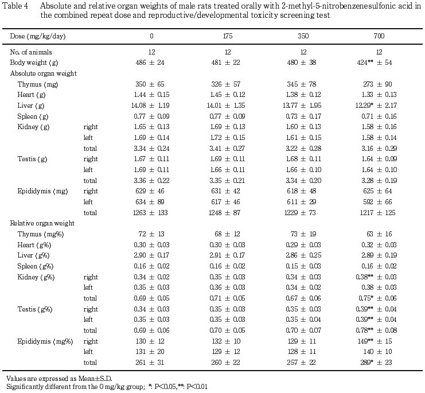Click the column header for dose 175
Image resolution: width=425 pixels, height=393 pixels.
coord(227,36)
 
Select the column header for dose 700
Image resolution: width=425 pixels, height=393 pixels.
coord(379,36)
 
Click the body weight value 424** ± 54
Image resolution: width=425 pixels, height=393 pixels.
coord(375,63)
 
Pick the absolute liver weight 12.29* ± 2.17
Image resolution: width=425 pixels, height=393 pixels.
coord(376,106)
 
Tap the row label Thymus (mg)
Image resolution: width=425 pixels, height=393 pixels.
coord(38,84)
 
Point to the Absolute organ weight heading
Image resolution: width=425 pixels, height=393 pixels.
coord(44,73)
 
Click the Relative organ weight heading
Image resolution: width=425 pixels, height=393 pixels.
coord(42,223)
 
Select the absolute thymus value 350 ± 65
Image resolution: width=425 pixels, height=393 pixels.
coord(150,84)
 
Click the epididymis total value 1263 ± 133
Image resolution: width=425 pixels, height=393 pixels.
coord(150,213)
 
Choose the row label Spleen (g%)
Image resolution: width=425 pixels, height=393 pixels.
coord(35,266)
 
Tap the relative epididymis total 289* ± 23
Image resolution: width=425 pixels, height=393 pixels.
coord(376,363)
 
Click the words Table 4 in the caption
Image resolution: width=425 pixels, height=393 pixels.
coord(15,6)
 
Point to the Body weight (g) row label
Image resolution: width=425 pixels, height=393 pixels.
coord(34,63)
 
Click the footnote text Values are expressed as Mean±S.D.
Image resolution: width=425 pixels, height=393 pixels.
coord(59,379)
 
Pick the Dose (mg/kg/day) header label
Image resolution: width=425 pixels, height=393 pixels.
coord(38,36)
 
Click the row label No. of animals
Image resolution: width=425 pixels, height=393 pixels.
coord(31,52)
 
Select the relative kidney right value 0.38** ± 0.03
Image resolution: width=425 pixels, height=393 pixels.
coord(376,277)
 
